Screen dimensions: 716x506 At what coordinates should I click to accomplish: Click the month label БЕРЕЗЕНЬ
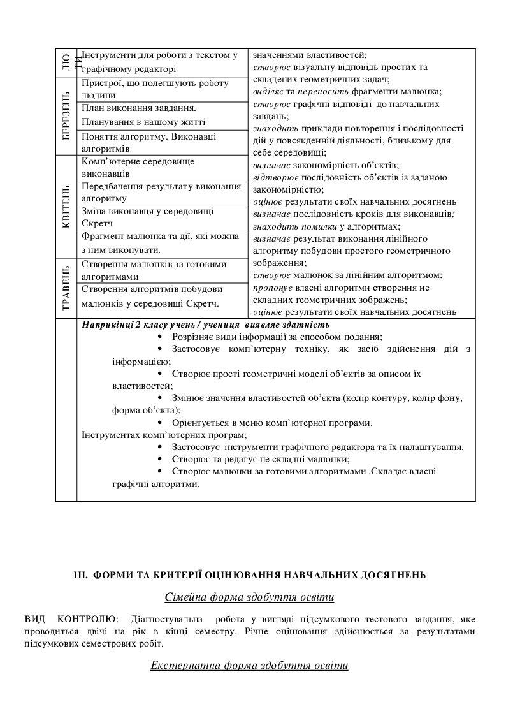click(66, 115)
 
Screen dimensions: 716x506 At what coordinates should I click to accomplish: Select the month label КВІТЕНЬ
click(66, 205)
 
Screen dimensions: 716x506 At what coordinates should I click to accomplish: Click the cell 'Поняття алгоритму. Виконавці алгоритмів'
click(162, 142)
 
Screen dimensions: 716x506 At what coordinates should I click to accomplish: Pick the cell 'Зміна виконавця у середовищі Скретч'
click(162, 217)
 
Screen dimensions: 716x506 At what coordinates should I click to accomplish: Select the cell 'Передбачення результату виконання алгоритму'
click(162, 193)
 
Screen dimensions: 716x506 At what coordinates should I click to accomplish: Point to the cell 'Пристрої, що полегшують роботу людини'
click(162, 89)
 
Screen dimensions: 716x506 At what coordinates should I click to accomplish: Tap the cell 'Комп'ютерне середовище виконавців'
click(162, 167)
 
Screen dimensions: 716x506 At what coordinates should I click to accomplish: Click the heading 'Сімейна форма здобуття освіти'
click(249, 597)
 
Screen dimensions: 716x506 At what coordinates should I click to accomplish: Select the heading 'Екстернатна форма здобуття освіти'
click(249, 666)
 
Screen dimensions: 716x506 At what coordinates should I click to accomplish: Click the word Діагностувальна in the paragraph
click(168, 619)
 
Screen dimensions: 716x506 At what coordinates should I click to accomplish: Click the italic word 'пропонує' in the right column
click(271, 288)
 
